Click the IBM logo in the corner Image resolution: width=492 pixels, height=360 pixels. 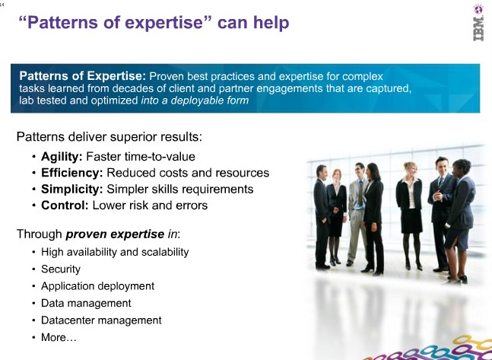point(478,23)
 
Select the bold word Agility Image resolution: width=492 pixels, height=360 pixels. point(62,157)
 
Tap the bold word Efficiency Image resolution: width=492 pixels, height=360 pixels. point(71,173)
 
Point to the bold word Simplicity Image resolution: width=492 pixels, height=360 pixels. point(71,190)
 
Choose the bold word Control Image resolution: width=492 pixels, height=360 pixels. point(65,205)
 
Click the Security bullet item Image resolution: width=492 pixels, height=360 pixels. point(61,269)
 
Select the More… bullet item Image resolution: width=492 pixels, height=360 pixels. point(59,337)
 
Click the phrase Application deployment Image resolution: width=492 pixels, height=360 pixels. point(97,286)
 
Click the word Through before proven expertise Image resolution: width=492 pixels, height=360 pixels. point(40,234)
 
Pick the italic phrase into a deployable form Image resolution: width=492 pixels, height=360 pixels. point(195,100)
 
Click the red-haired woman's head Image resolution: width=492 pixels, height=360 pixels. point(336,176)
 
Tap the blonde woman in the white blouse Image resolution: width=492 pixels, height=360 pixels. point(409,215)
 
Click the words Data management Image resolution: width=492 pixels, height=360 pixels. point(86,304)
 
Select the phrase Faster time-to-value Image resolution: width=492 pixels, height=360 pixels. point(141,157)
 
